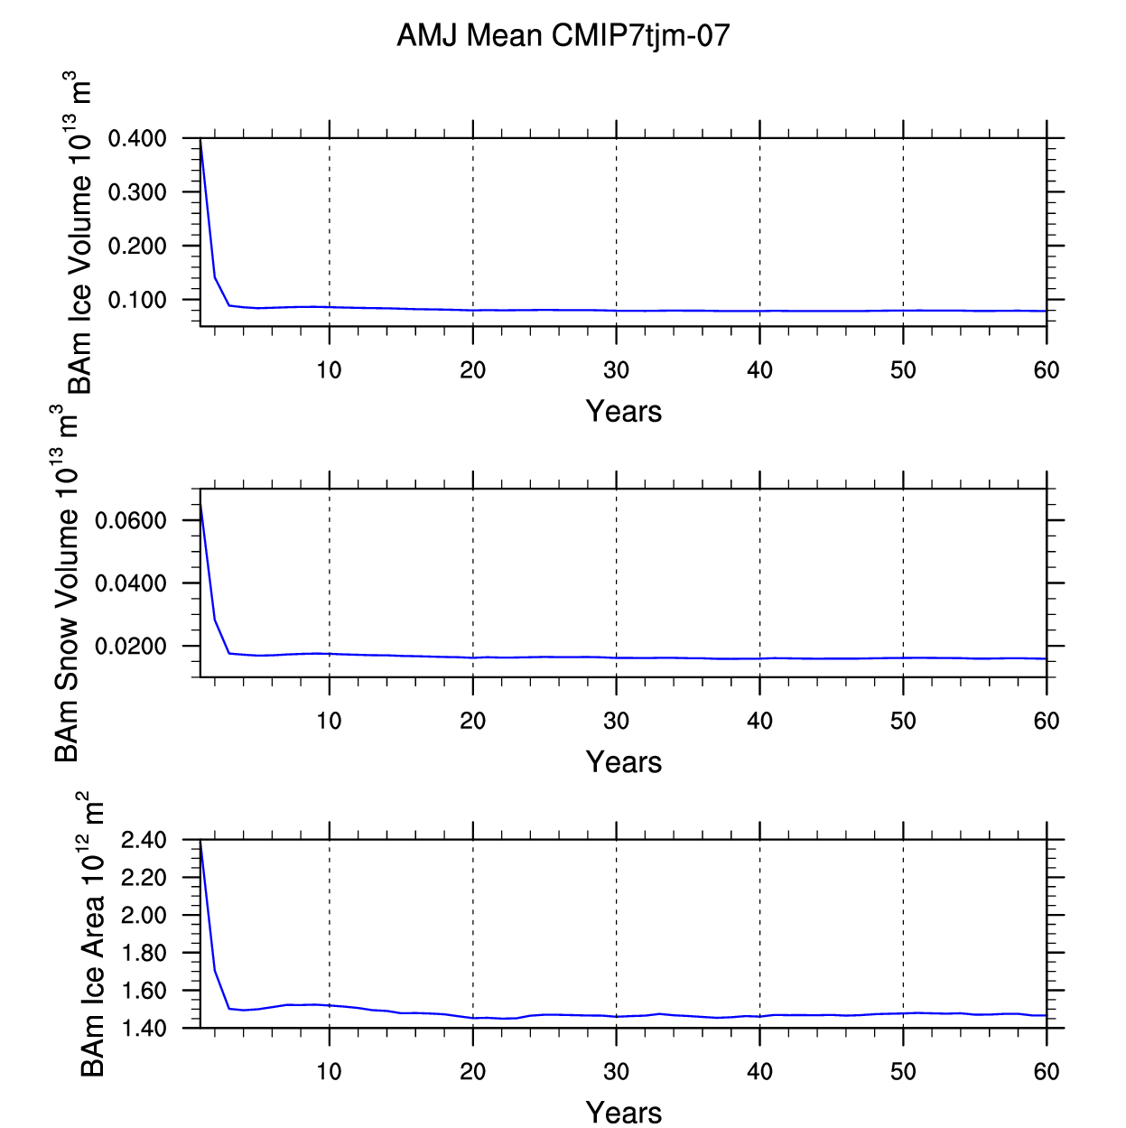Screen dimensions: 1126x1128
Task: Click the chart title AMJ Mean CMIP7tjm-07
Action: pos(563,36)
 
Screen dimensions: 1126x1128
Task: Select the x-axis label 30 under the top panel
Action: pos(616,370)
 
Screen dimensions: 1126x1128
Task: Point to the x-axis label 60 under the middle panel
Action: pos(1047,721)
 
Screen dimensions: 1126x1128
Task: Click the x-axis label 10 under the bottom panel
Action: pos(329,1071)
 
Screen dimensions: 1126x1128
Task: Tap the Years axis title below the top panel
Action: pos(624,411)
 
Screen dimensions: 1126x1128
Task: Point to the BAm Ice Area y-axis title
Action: pos(91,934)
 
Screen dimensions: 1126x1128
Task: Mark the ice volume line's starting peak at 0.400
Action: pos(200,139)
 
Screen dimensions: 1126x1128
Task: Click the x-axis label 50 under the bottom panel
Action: pos(903,1071)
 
